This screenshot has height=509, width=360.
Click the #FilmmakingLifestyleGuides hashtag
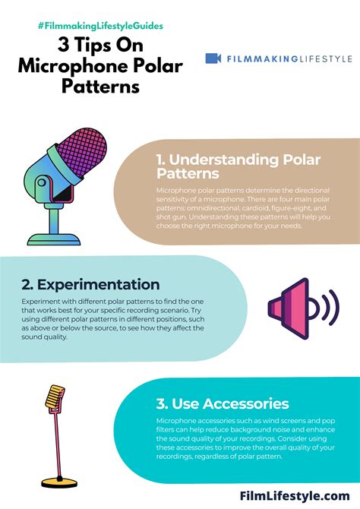100,26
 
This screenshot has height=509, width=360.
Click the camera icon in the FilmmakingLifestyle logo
213,58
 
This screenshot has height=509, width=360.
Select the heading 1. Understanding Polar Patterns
238,167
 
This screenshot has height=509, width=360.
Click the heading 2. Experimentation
90,285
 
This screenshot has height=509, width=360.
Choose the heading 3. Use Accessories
223,403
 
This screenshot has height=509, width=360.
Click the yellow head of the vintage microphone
53,397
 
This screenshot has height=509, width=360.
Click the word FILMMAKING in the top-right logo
254,58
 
